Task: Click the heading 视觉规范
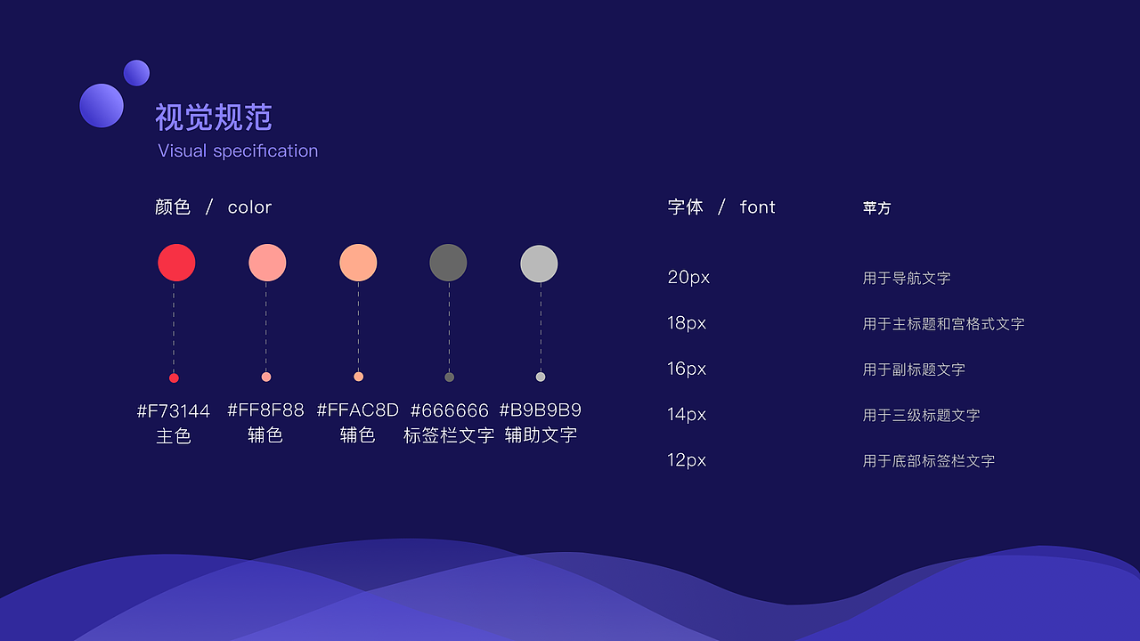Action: click(214, 118)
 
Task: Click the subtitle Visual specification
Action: click(238, 150)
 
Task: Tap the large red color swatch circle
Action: click(176, 263)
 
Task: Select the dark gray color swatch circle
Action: click(448, 263)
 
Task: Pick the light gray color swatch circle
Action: click(539, 264)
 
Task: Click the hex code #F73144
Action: click(174, 410)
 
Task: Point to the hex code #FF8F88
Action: click(265, 410)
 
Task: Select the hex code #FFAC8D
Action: click(357, 410)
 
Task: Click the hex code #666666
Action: click(449, 410)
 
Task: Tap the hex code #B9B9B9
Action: click(540, 410)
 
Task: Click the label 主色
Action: click(174, 435)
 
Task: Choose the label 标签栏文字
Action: click(449, 435)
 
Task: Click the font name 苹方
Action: click(876, 207)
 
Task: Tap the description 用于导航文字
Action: click(907, 278)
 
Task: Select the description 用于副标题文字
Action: click(914, 369)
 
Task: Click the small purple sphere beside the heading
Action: click(136, 73)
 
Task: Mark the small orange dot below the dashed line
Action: click(358, 377)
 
